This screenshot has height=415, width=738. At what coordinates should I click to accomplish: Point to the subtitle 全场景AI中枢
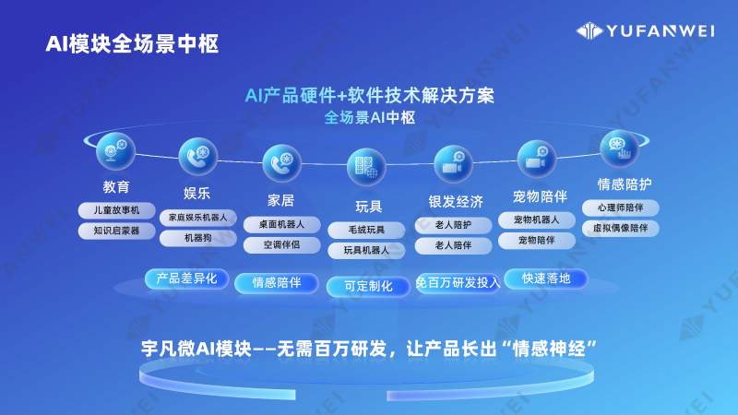pos(370,118)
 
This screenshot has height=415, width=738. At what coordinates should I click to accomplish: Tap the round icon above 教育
pos(116,151)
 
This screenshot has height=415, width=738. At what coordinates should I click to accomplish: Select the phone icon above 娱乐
pos(198,157)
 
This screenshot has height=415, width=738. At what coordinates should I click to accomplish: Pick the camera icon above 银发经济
pos(454,165)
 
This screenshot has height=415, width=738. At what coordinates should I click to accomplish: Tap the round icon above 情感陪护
pos(619,148)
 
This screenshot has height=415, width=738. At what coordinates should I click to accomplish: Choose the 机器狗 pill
pos(197,238)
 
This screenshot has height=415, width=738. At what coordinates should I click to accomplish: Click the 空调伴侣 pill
pos(282,245)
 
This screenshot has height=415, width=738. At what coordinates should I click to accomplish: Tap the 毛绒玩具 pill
pos(366,229)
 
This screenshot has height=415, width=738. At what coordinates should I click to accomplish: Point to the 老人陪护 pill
pos(453,225)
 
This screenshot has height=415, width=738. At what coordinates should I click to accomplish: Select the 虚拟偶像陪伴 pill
pos(626,227)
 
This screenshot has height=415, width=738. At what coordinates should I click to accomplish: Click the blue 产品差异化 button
pos(186,278)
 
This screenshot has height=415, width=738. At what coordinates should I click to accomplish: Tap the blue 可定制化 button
pos(368,286)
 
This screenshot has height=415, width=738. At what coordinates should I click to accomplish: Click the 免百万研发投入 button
pos(458,282)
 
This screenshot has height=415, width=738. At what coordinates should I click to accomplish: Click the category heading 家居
pos(280,199)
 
